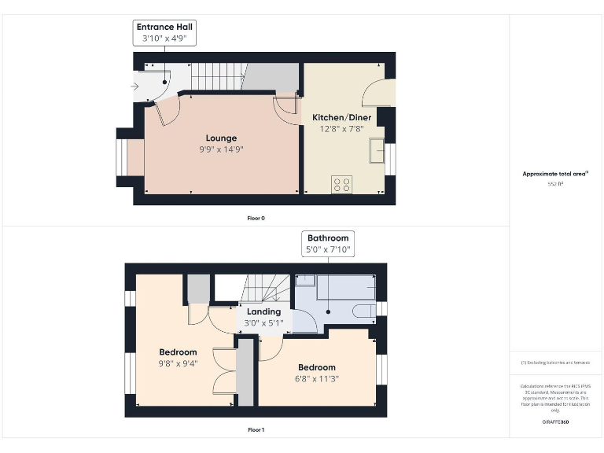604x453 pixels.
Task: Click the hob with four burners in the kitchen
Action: (342, 185)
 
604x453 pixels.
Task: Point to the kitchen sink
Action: (378, 150)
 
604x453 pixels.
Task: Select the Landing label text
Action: (263, 311)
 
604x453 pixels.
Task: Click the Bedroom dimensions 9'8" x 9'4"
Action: (178, 363)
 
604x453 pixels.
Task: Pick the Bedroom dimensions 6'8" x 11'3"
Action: (316, 378)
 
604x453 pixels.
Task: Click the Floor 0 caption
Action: (256, 218)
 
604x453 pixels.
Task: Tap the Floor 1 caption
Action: (256, 430)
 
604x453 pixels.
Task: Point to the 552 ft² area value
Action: (555, 183)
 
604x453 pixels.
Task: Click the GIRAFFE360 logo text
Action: (555, 422)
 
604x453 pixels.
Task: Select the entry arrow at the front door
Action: (135, 87)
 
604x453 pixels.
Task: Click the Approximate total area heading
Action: (555, 174)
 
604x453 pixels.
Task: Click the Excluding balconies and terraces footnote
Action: (555, 363)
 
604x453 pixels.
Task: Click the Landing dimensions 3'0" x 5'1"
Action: (263, 322)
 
